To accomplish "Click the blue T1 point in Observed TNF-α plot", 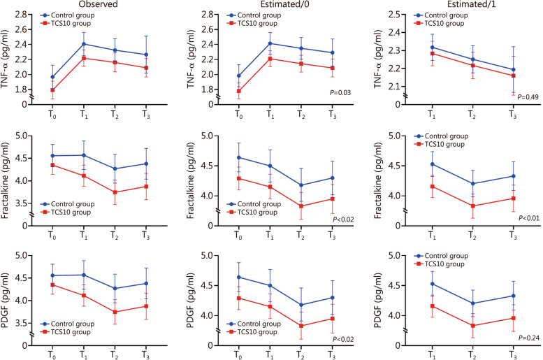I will pyautogui.click(x=84, y=44).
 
